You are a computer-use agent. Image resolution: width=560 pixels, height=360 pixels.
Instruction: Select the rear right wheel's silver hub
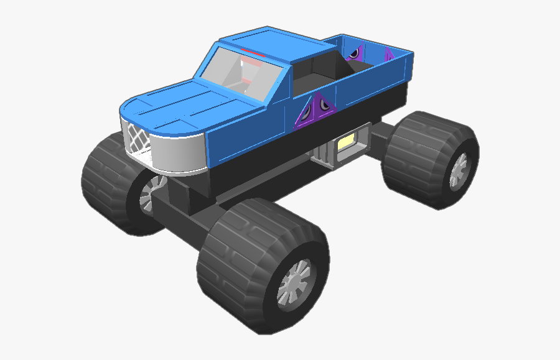(x=459, y=170)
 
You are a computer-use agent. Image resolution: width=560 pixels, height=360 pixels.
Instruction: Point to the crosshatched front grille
(x=139, y=138)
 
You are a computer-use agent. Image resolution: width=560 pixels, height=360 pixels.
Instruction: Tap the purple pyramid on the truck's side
(x=316, y=111)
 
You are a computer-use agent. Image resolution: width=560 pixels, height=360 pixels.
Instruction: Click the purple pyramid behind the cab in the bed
(x=355, y=53)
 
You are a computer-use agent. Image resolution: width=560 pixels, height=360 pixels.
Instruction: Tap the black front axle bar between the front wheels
(x=187, y=211)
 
